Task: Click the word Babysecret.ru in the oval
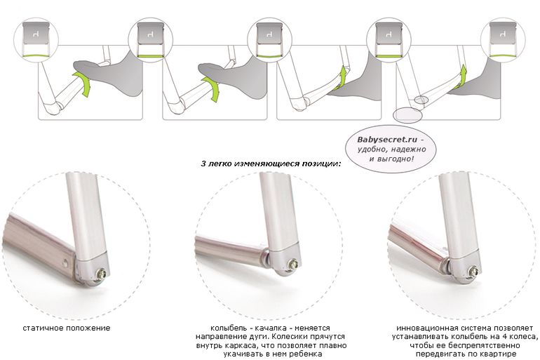(x=387, y=140)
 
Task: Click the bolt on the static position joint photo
(x=102, y=274)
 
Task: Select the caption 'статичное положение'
(x=67, y=328)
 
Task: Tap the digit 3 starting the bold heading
(x=203, y=164)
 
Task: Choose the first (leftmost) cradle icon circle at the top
(x=36, y=39)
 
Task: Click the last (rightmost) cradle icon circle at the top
(x=503, y=39)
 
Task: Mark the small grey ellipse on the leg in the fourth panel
(x=421, y=100)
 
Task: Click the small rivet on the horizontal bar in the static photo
(x=66, y=263)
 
